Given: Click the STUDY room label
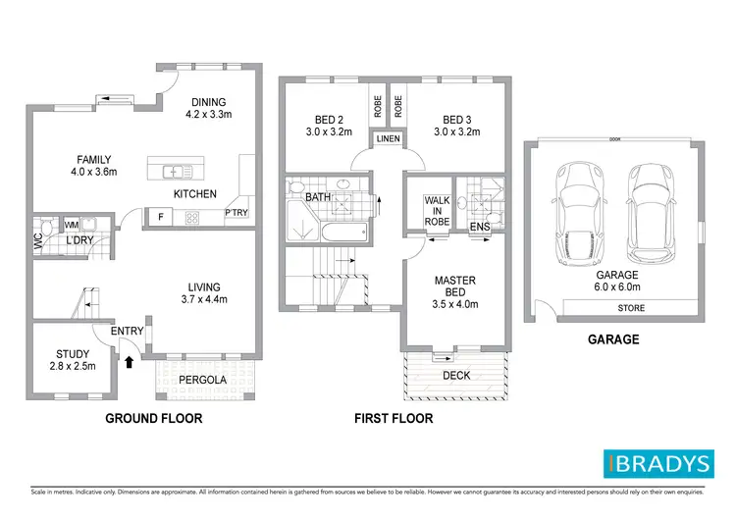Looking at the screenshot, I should point(73,354).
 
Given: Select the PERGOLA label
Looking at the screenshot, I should point(204,379).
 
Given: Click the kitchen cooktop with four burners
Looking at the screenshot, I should point(193,218).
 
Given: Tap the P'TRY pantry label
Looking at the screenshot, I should point(236,213).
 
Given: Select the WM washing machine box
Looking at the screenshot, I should point(72,224).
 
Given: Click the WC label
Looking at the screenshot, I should point(37,240).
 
